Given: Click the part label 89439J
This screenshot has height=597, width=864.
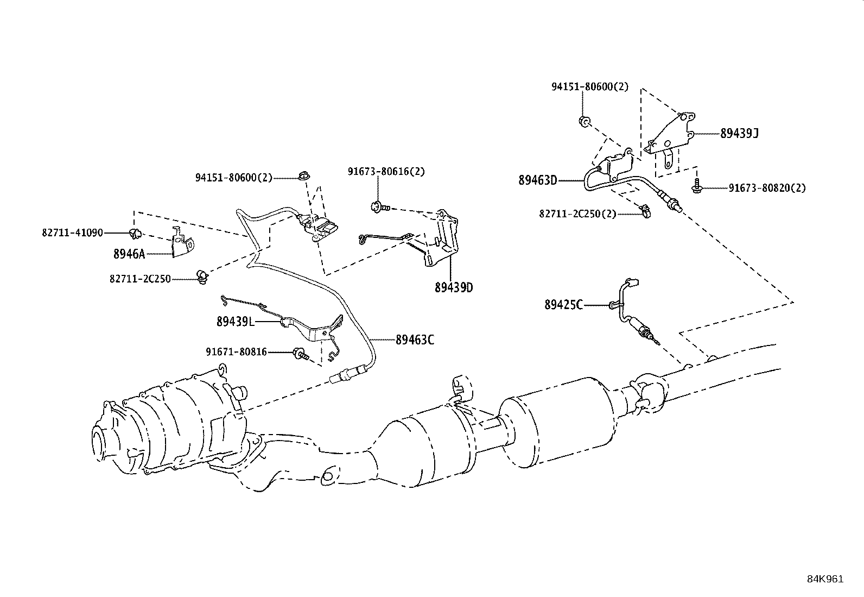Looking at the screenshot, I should tap(739, 134).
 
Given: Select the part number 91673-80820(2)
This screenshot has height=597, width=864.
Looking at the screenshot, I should tap(767, 188).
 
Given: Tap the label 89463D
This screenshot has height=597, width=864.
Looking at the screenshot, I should tap(537, 180).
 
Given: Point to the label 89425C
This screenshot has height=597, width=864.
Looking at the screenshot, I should tap(563, 305).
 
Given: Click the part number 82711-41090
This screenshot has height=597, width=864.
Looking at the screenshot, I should tap(72, 232).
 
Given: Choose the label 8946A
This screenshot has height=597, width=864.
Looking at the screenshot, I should tap(129, 254).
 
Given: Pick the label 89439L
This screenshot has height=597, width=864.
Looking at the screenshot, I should tap(235, 322).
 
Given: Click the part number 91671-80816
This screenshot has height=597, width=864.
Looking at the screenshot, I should tap(236, 352).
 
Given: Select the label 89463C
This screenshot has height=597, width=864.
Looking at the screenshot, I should tap(415, 341).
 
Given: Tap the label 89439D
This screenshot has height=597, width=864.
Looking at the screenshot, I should tap(454, 287).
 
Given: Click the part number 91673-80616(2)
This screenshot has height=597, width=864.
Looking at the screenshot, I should tap(386, 172).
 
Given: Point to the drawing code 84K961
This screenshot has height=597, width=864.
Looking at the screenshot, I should tap(825, 579).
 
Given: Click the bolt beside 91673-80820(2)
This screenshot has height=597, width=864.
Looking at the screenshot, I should tap(696, 188).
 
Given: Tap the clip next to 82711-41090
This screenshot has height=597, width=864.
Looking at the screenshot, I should tap(135, 234).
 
